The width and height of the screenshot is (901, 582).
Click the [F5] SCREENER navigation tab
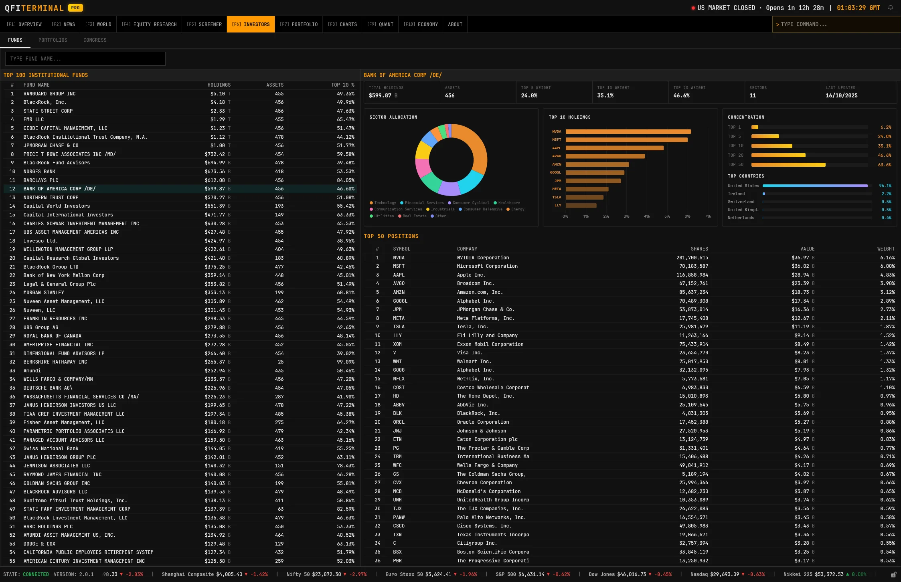pos(204,24)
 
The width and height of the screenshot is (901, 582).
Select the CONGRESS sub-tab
pos(95,40)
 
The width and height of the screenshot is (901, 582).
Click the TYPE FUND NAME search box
pos(85,59)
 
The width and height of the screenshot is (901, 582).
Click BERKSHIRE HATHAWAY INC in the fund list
pos(55,362)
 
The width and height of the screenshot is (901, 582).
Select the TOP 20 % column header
pos(342,85)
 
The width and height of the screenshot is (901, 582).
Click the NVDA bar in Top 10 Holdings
pos(628,131)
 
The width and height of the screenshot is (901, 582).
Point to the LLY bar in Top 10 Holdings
pos(581,205)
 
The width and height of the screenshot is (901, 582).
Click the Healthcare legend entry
pos(508,203)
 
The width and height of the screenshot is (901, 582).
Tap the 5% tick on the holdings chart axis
pos(667,216)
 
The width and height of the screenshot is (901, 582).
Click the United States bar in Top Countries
pos(815,186)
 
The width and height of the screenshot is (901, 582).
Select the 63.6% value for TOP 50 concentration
pos(884,165)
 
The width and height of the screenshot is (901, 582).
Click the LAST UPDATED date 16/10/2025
pos(841,96)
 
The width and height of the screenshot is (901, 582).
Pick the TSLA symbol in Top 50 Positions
pos(399,327)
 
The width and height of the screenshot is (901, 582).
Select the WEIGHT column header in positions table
pos(885,249)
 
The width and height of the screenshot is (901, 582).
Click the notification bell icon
pos(891,8)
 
